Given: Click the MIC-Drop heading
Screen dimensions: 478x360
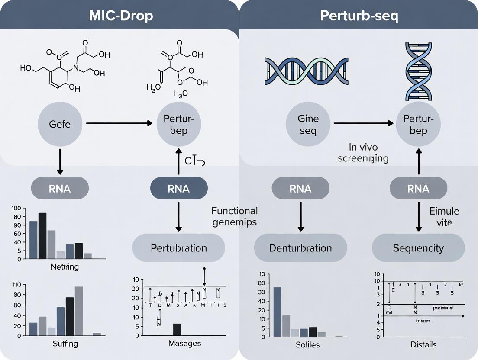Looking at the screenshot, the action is [121, 16].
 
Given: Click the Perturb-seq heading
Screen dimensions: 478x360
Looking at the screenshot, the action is [359, 16].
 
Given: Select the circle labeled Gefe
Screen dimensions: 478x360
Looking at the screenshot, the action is [60, 124].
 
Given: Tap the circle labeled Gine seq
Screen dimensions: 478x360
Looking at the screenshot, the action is [308, 124].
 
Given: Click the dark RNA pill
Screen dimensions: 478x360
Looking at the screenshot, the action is [179, 189].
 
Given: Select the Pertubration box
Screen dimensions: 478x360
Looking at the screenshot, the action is [179, 248].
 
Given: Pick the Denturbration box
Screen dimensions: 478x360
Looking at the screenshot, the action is [300, 248].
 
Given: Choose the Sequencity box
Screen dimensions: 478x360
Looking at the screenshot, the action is [418, 248].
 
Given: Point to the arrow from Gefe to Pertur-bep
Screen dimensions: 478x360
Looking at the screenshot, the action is [119, 123].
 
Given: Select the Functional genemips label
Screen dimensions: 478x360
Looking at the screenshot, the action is [234, 216].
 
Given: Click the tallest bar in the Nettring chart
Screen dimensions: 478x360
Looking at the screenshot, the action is [42, 236].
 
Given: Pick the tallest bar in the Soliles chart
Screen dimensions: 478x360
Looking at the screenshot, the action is [277, 312].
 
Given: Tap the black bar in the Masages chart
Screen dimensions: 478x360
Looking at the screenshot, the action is [177, 329].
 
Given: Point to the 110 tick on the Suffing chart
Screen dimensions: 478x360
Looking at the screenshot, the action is [17, 285].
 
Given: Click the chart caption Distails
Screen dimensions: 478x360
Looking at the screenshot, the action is [423, 344].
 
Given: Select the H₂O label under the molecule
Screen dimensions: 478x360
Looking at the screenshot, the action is [180, 93].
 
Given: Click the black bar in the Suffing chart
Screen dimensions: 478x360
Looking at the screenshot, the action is [69, 316].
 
